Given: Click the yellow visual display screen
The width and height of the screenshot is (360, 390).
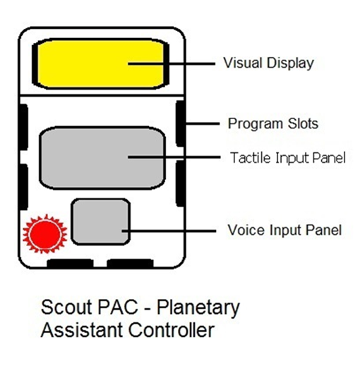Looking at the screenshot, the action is pos(100,64).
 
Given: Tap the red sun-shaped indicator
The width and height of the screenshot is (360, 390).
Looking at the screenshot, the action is pos(44,234).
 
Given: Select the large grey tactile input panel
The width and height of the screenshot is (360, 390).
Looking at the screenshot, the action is pos(102,158).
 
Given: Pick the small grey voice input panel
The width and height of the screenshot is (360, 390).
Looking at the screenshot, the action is pos(100,222).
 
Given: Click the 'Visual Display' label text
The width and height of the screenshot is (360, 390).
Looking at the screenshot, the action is pos(268,63).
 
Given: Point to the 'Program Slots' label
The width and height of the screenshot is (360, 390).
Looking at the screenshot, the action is pos(273,123).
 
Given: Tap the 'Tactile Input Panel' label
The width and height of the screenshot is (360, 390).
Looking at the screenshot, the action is pos(288,158).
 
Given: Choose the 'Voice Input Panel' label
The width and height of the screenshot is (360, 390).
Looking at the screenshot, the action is pos(284,230).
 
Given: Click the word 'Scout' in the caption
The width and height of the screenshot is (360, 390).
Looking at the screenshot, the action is pos(67,307).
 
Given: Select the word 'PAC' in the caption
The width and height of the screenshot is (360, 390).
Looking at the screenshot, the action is pos(118,307).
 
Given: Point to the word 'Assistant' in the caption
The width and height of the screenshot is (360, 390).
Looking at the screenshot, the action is pos(82,330).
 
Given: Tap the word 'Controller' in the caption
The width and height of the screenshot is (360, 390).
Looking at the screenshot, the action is pos(172,330).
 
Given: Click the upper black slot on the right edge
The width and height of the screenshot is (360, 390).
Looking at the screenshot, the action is pos(180,123).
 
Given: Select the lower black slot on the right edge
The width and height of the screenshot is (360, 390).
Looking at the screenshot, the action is pos(180,183).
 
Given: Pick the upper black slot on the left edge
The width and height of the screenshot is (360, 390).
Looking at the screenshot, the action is pos(24,127).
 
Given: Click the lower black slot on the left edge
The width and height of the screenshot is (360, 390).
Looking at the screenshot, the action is pos(24,187).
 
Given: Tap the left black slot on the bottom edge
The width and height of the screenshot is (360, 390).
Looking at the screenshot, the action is pos(70,263).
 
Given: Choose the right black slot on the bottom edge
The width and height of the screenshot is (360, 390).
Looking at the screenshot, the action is pos(130,263).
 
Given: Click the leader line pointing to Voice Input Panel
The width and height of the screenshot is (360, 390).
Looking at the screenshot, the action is pos(169,231).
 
